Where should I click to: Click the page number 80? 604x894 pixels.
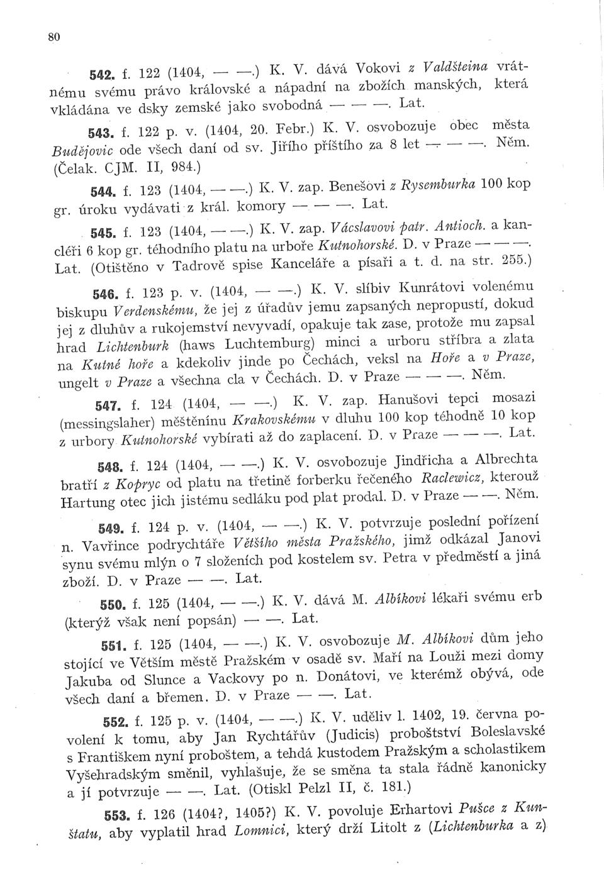pos(53,37)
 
